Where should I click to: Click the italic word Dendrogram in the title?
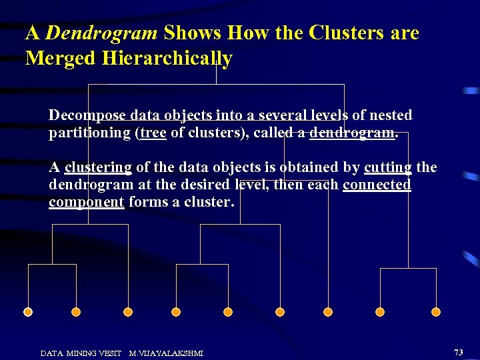point(101,33)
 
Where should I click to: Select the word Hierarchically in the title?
point(167,59)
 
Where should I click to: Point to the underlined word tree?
point(153,133)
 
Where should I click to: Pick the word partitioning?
point(89,133)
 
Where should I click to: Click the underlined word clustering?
point(98,167)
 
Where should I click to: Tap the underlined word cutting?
point(388,167)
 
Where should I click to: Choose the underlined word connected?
point(377,185)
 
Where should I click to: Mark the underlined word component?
point(86,202)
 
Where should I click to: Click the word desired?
point(198,185)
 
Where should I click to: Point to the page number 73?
point(458,352)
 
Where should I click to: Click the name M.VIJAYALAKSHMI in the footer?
point(166,353)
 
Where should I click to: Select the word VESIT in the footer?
point(110,353)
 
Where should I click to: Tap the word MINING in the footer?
point(80,353)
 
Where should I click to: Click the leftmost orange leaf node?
point(28,312)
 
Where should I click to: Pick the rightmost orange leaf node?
point(436,312)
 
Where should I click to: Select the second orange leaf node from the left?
point(76,312)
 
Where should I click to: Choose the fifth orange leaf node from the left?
point(228,312)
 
